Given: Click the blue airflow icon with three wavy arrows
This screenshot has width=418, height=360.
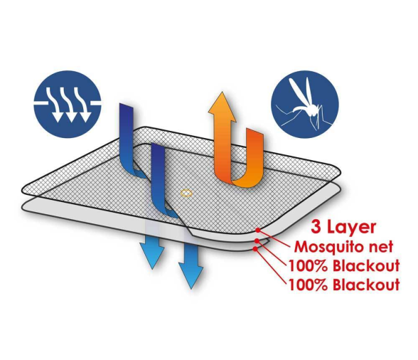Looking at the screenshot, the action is (68, 104).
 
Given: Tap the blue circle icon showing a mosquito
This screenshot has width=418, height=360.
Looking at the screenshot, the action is (305, 104).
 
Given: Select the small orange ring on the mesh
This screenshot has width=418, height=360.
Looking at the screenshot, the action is (186, 193).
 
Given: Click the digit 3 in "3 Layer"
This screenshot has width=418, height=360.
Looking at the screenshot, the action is (316, 228).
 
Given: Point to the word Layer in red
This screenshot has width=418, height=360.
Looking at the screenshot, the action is (351, 228).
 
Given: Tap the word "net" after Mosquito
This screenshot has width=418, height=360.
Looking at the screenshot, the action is (383, 247).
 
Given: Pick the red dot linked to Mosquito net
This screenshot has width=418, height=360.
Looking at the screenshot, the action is (258, 230).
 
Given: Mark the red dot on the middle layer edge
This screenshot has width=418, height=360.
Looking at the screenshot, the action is (257, 241).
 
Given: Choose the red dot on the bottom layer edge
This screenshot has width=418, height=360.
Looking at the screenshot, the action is (255, 249).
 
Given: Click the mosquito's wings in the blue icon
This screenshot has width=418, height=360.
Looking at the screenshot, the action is (300, 91).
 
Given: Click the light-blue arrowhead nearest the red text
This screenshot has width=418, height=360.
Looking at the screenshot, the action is (191, 275).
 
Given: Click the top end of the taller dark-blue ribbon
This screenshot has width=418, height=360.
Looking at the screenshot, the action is (127, 105).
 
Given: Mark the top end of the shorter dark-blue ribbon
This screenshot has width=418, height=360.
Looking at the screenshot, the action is (158, 145).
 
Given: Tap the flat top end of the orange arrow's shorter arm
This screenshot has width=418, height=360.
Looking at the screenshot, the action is (254, 132).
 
